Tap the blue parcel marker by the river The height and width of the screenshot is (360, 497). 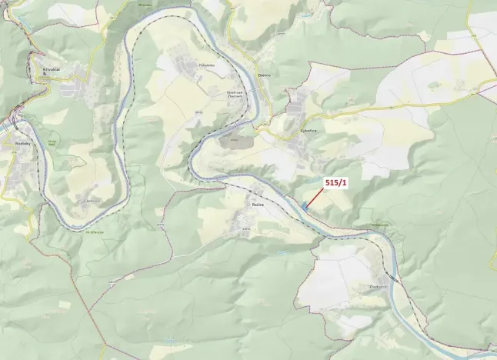coord(305,205)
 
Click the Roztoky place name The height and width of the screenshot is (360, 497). coord(16,142)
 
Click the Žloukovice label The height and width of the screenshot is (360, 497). coord(379,285)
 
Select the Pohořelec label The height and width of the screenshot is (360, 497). coord(206,65)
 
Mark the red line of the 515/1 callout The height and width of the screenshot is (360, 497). coord(315,195)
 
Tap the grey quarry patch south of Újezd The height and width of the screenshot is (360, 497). coord(231,140)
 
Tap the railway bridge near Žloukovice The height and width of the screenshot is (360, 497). coord(392,277)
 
